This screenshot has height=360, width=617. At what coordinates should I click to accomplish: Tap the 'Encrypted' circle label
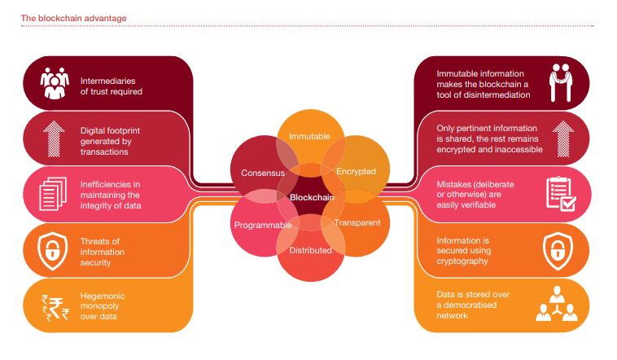(356, 171)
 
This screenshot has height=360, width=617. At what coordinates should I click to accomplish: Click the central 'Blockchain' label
(310, 198)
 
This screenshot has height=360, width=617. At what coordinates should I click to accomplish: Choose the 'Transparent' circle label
(357, 222)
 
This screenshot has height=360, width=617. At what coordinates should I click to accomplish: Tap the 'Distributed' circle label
(310, 250)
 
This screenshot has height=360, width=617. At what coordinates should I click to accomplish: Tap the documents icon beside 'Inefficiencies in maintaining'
(55, 193)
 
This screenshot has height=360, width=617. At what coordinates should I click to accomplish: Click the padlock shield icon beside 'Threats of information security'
(55, 249)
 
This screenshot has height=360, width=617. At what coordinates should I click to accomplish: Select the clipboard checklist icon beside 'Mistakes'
(562, 193)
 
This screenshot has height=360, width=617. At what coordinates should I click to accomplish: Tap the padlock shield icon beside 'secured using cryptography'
(562, 249)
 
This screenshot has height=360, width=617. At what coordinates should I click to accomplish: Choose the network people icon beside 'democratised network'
(561, 305)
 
